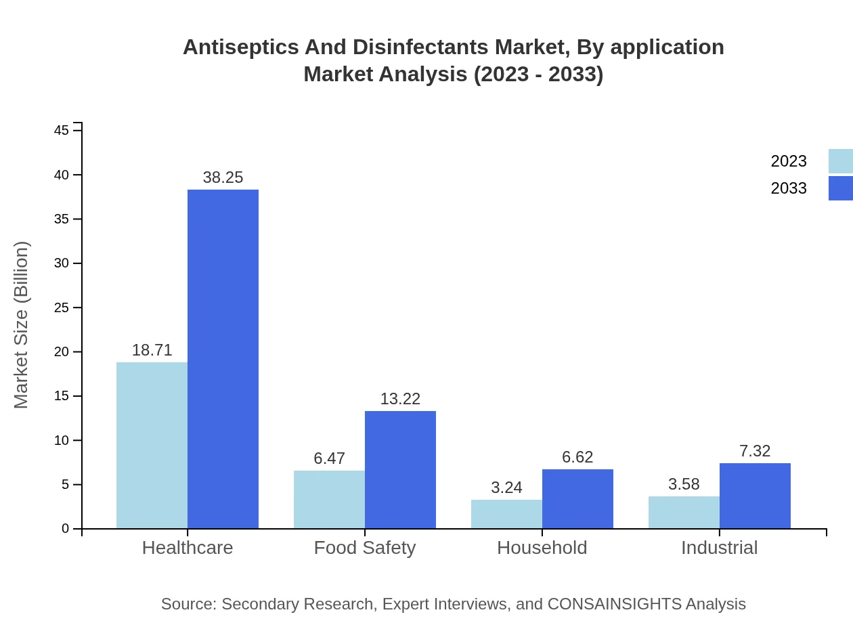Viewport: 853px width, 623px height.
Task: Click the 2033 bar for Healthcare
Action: pyautogui.click(x=223, y=359)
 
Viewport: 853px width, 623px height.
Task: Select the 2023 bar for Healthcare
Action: pyautogui.click(x=152, y=445)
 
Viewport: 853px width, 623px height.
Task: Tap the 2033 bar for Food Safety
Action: pyautogui.click(x=400, y=469)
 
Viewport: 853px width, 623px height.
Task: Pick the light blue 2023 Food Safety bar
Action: pyautogui.click(x=329, y=499)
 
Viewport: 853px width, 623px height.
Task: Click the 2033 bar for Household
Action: pyautogui.click(x=577, y=498)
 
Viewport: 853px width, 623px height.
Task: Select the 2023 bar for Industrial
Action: pyautogui.click(x=684, y=512)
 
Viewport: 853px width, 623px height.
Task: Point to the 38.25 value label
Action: pyautogui.click(x=223, y=177)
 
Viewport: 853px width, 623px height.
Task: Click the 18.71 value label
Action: pyautogui.click(x=152, y=350)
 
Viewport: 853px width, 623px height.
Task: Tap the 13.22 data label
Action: pyautogui.click(x=400, y=399)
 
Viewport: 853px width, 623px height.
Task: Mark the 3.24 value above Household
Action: pyautogui.click(x=506, y=488)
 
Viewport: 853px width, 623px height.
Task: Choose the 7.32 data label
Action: pyautogui.click(x=755, y=451)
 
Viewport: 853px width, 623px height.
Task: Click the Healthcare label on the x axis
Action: pyautogui.click(x=188, y=548)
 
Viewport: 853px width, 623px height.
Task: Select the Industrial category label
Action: pyautogui.click(x=719, y=548)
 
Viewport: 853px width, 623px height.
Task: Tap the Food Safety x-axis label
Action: pyautogui.click(x=365, y=548)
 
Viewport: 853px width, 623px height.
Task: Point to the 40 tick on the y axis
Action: pyautogui.click(x=62, y=175)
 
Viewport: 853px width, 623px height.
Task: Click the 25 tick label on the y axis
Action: pyautogui.click(x=62, y=307)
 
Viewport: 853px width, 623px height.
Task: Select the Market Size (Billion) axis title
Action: pyautogui.click(x=22, y=325)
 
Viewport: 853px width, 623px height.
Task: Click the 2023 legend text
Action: pyautogui.click(x=789, y=161)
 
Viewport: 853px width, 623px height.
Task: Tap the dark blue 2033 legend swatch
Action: pyautogui.click(x=840, y=188)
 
